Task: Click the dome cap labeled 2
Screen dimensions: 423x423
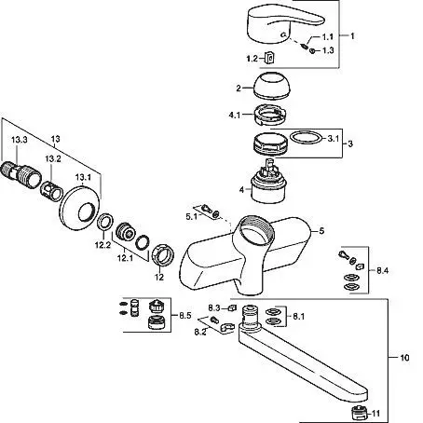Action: click(272, 86)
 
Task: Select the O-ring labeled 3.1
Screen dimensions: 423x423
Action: click(307, 138)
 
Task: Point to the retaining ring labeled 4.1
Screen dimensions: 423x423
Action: click(269, 115)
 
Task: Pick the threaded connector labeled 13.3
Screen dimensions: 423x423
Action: click(20, 174)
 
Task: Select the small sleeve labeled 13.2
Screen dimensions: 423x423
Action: click(51, 190)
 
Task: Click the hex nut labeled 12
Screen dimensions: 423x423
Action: click(163, 255)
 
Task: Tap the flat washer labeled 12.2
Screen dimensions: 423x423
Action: click(105, 222)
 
